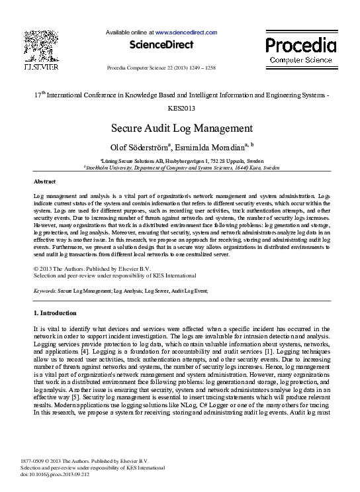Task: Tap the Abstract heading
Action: coord(45,181)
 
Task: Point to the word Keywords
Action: coord(45,291)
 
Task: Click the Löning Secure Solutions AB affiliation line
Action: coord(180,161)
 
